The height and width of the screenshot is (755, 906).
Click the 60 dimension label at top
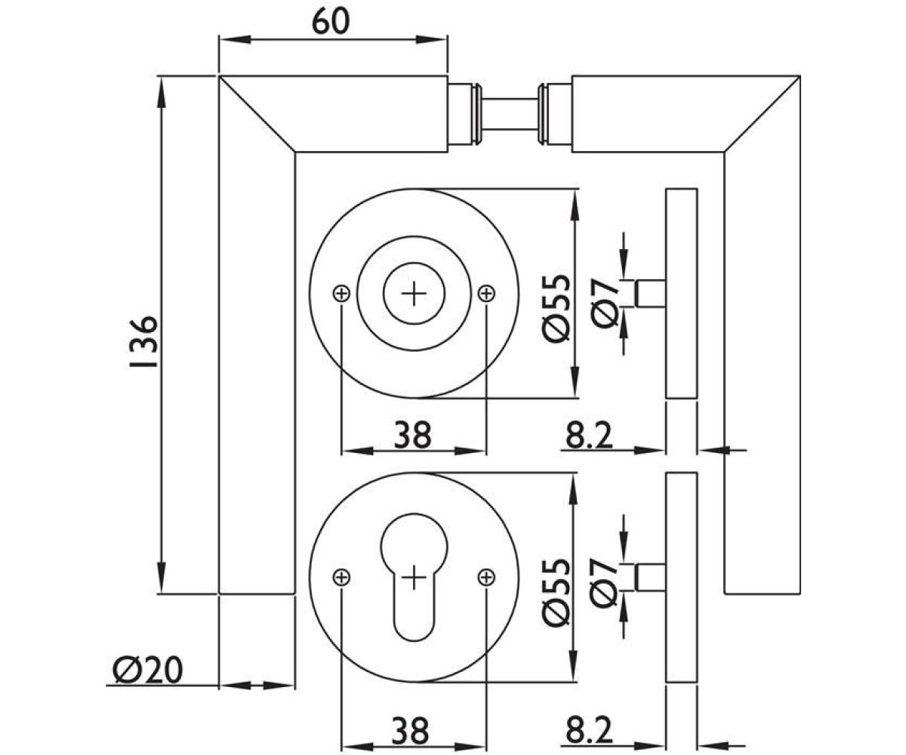click(331, 22)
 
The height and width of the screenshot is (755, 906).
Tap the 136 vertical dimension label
click(143, 342)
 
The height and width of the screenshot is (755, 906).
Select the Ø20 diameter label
click(147, 670)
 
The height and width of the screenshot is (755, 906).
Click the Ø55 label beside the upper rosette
click(556, 309)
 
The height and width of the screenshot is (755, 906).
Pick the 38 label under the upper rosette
click(413, 434)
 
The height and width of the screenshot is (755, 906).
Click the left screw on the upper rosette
click(341, 294)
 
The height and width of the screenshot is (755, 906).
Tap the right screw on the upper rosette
click(486, 294)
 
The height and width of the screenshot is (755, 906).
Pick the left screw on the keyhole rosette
click(341, 577)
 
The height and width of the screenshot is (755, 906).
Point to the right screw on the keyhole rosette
click(486, 577)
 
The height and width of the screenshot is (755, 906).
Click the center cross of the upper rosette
click(414, 294)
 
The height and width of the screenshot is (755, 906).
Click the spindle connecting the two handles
click(509, 114)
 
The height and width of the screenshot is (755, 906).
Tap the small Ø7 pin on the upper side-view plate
click(650, 294)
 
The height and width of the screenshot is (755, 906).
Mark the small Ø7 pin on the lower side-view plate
click(650, 577)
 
